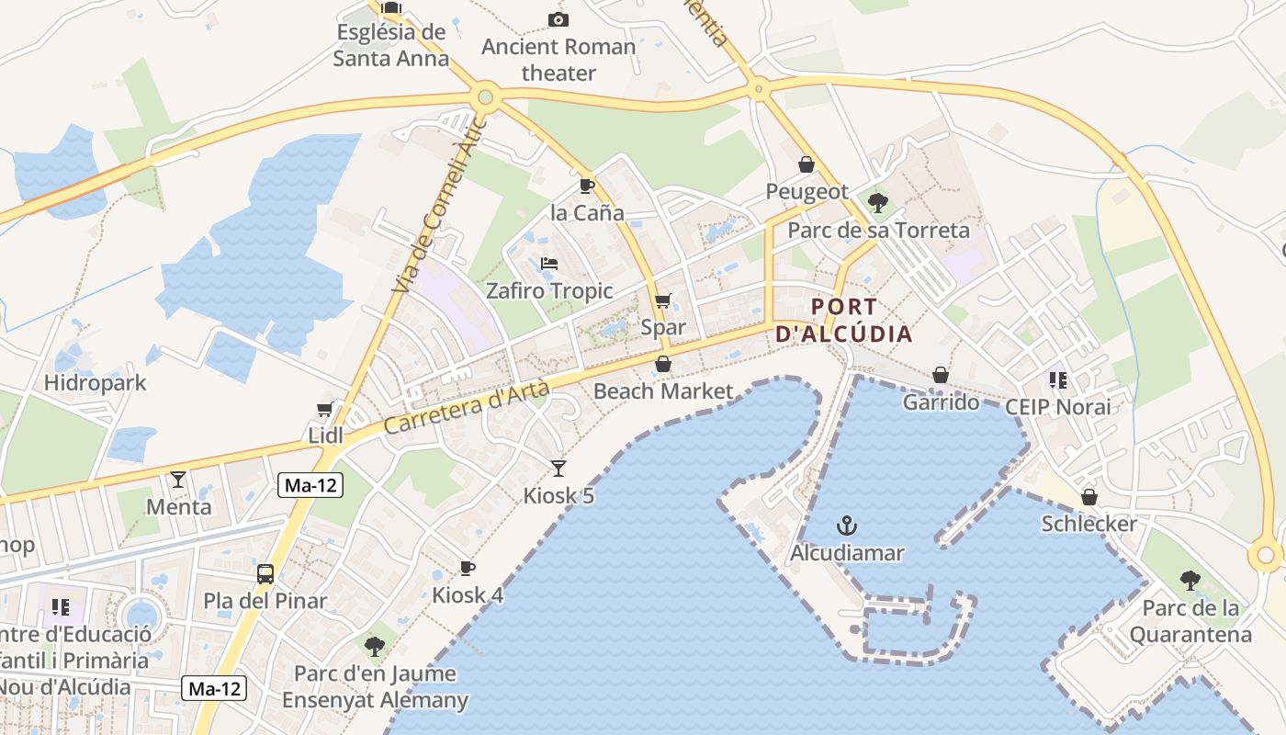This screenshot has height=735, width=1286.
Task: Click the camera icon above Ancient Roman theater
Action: point(558,19)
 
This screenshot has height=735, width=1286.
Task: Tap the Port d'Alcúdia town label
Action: point(844,321)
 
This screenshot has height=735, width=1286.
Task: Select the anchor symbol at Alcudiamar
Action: point(847,526)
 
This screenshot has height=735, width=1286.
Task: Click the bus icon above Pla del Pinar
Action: point(265,574)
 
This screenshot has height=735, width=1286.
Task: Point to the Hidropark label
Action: point(96,382)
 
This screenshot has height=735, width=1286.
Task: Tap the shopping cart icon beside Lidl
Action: point(324,409)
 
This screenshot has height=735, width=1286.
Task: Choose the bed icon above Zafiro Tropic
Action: point(549,264)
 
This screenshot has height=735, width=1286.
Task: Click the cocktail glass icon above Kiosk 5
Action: point(558,469)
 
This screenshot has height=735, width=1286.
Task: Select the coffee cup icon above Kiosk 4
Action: point(468,568)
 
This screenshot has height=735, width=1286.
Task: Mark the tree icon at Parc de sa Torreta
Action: point(878,202)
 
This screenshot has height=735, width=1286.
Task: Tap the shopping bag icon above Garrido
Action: point(941,375)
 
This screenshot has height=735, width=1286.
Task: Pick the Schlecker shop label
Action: point(1089,524)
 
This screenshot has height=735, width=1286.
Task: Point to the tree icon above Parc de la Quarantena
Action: point(1190,581)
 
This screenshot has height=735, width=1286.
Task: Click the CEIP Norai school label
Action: point(1057,406)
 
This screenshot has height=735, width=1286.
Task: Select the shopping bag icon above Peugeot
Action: point(807,164)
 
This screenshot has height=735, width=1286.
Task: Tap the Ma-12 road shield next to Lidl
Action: point(310,486)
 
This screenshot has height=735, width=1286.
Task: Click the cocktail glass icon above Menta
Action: point(178,479)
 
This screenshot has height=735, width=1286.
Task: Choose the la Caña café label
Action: point(587,213)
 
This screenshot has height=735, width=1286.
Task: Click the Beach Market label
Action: point(663,391)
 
